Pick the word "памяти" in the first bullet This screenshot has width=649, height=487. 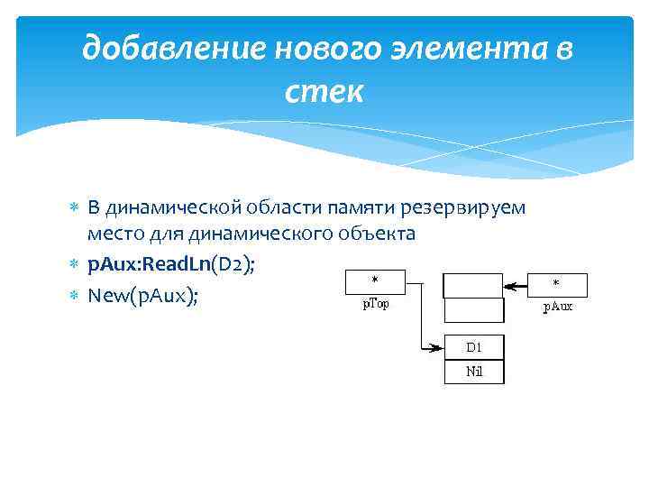368,208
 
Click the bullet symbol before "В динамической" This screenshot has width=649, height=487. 75,208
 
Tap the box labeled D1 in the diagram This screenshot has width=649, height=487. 473,347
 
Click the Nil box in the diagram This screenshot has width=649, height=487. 473,372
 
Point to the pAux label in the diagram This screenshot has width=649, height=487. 557,307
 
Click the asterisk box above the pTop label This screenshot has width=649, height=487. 375,282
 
